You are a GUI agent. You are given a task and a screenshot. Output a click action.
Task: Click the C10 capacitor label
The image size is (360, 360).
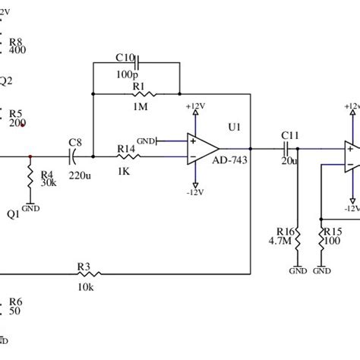point(125,56)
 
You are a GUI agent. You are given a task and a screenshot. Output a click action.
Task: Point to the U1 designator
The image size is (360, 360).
point(234,128)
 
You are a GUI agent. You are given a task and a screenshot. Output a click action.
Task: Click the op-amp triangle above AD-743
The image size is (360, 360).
point(201,148)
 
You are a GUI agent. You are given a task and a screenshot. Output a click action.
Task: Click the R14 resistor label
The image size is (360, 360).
point(126,149)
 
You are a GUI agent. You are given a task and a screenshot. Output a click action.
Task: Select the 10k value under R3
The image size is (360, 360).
point(85,287)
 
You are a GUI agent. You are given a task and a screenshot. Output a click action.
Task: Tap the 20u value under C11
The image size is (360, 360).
point(289,161)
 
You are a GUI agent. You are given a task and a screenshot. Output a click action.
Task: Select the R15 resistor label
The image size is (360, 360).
point(333,232)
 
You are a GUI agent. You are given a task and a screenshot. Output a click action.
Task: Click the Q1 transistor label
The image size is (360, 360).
point(13,214)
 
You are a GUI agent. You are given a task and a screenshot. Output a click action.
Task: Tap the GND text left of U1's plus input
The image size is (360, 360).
point(146,141)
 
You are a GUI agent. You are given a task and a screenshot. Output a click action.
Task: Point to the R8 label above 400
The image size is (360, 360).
point(16,41)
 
